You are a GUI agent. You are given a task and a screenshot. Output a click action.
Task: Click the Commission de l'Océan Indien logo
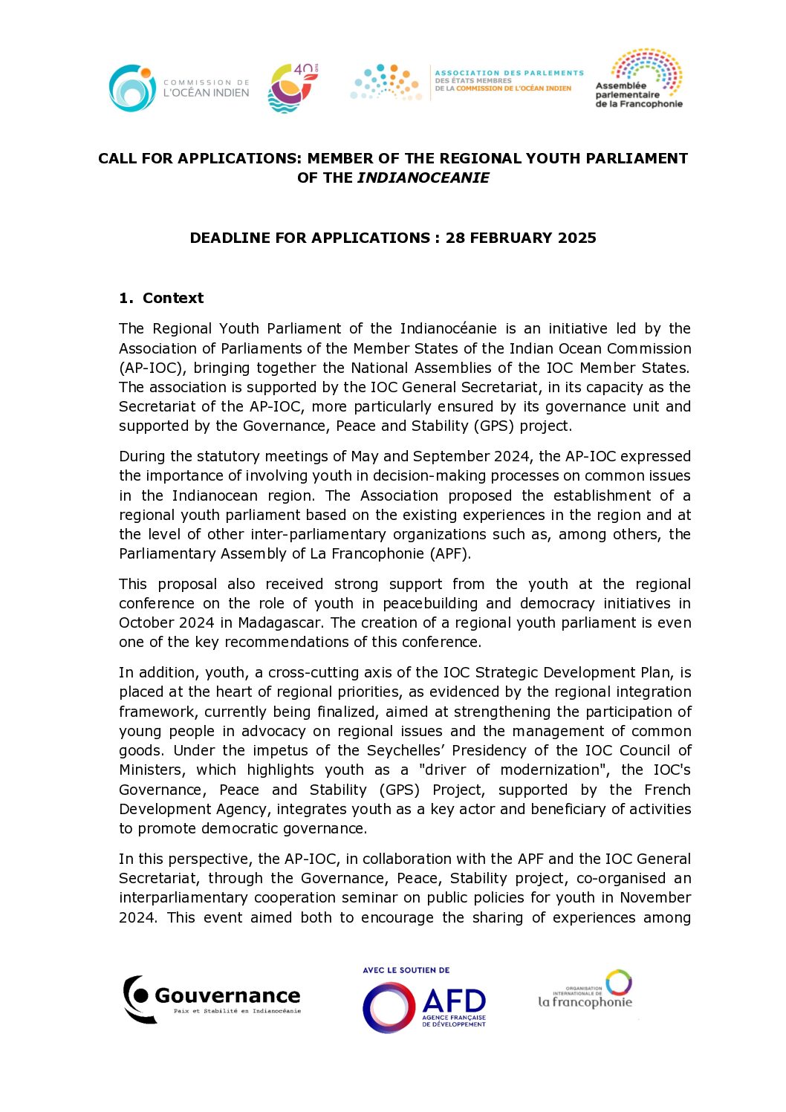coord(178,88)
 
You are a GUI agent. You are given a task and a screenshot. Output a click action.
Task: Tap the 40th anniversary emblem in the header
coord(293,88)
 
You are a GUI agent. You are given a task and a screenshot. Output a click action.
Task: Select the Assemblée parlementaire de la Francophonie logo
coord(639,79)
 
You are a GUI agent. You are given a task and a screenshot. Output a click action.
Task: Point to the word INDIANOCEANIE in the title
coord(423,178)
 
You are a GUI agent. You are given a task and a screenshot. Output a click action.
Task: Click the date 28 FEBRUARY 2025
coord(521,238)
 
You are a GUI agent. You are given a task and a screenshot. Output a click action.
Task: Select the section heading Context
coord(173,298)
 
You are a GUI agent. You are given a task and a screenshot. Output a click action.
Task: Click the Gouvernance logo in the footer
coord(212,998)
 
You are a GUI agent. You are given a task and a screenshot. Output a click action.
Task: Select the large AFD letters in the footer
coord(454,1001)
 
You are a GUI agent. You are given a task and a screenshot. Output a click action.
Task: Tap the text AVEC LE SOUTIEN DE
coord(406,970)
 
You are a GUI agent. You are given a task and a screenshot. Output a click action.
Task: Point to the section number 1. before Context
coord(126,298)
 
